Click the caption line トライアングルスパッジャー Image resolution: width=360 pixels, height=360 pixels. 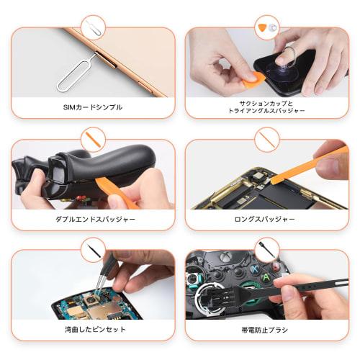click(x=267, y=111)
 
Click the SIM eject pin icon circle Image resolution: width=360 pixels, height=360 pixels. click(x=93, y=27)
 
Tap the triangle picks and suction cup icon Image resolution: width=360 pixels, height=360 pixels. click(x=267, y=27)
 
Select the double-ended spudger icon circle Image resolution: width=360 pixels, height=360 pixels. click(x=93, y=138)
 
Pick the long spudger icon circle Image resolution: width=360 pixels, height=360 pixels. click(x=267, y=138)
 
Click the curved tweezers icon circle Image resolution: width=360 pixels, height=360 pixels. click(x=93, y=250)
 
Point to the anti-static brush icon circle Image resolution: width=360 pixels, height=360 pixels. click(x=267, y=250)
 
